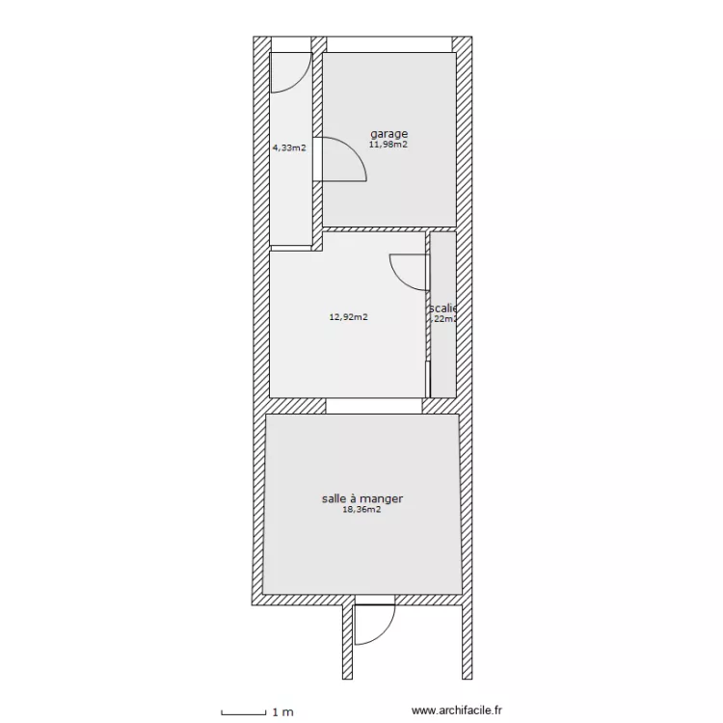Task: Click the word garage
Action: point(388,134)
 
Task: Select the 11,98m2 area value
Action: point(388,146)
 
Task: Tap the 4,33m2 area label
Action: point(289,148)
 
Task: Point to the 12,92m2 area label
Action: point(348,316)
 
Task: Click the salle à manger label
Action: point(361,499)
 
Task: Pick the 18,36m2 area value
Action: point(361,512)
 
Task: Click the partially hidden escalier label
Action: point(443,308)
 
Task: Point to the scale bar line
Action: point(243,713)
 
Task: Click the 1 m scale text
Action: point(282,712)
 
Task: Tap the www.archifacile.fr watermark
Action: point(457,712)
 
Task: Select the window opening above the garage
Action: point(389,44)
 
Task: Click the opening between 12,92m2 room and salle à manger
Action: point(373,406)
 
